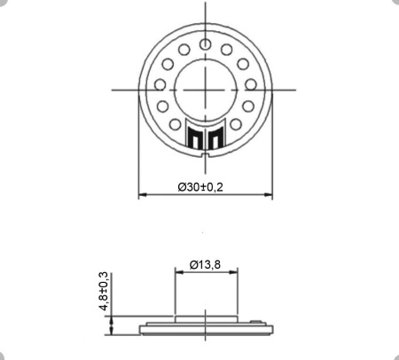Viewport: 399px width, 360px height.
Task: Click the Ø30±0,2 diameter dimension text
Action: pyautogui.click(x=199, y=187)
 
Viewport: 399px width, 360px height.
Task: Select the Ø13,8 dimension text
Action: pyautogui.click(x=205, y=264)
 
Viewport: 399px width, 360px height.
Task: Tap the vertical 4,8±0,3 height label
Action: pyautogui.click(x=104, y=292)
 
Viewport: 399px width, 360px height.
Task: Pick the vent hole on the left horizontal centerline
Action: pyautogui.click(x=160, y=86)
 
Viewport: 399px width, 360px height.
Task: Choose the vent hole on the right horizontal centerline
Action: pyautogui.click(x=251, y=86)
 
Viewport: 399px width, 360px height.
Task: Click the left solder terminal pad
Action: pyautogui.click(x=196, y=139)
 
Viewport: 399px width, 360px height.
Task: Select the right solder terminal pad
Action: pyautogui.click(x=215, y=139)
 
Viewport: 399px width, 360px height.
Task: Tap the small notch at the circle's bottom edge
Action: pyautogui.click(x=206, y=156)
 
